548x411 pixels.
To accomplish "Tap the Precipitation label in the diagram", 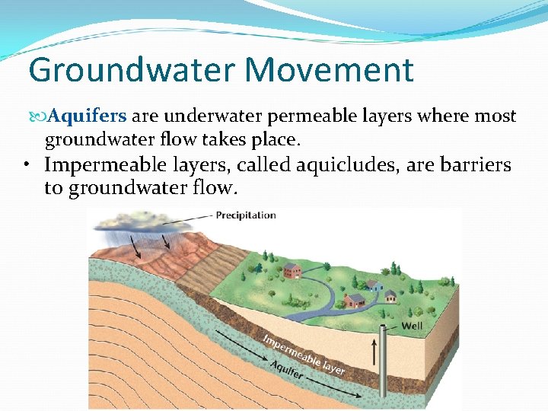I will click(x=246, y=215).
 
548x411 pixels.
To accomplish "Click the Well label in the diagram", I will click(x=412, y=327).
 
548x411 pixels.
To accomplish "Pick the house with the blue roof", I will click(x=374, y=285).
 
